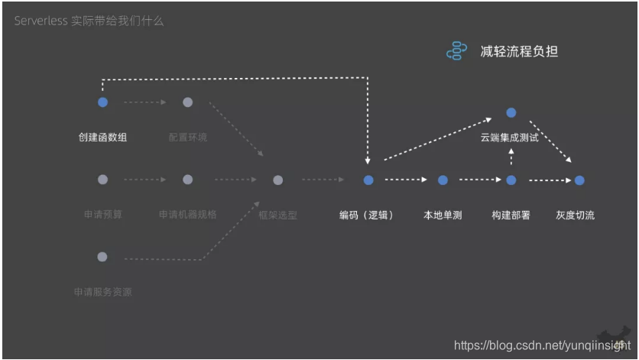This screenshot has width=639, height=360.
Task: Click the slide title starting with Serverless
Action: [89, 21]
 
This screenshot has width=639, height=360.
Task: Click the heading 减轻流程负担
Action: [519, 51]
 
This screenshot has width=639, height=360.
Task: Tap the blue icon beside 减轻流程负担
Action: [456, 51]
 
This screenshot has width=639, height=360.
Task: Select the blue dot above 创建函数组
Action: [103, 102]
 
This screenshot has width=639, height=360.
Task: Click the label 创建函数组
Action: [103, 138]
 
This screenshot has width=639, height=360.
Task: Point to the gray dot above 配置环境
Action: [187, 102]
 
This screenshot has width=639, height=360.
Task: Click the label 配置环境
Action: [187, 138]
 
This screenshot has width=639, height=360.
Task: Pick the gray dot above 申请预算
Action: [103, 180]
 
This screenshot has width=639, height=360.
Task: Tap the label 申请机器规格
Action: [187, 215]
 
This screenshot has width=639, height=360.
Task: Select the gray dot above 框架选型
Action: [278, 180]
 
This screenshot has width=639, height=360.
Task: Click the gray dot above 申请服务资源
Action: [103, 257]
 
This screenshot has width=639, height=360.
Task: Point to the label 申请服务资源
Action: [103, 292]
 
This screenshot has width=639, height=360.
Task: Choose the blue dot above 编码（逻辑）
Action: [368, 180]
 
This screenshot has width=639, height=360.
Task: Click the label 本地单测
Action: [443, 216]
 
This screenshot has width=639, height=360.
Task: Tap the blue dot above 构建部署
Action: [511, 180]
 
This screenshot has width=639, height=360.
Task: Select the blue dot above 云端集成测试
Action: [511, 113]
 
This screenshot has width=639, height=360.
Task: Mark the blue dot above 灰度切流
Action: [579, 180]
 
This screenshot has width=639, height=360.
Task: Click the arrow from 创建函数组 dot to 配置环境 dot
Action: [145, 102]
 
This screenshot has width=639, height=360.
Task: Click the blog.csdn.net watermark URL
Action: [542, 345]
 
